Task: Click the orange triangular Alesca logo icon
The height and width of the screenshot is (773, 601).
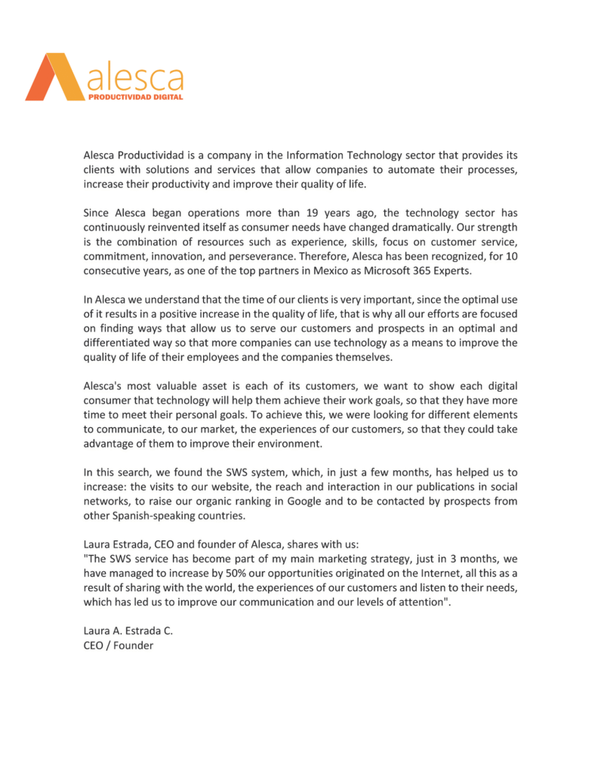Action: click(54, 77)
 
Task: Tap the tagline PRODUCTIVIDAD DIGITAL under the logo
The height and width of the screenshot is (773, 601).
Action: click(135, 97)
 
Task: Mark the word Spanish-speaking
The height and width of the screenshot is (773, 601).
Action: click(155, 517)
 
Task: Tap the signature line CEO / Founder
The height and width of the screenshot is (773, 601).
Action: click(118, 645)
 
